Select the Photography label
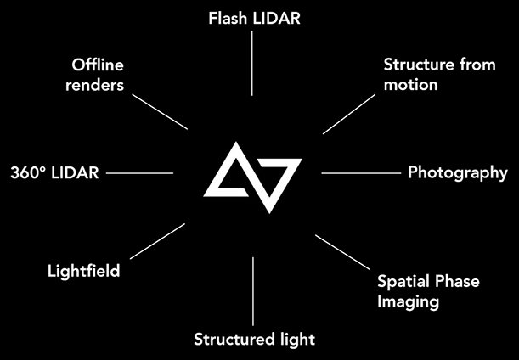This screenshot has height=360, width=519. (457, 172)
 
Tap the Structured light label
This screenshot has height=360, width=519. (254, 340)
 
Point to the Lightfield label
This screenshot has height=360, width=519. (83, 272)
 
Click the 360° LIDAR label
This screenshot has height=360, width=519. (54, 172)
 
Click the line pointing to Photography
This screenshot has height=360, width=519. (360, 172)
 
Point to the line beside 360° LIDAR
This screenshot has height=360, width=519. (140, 172)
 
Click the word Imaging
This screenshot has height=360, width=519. (409, 301)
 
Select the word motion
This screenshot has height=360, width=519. (410, 84)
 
